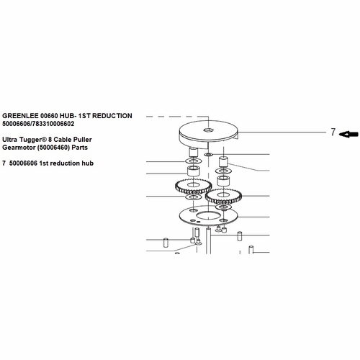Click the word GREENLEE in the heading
coord(20,116)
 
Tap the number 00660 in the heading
coord(49,116)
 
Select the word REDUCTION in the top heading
coord(112,116)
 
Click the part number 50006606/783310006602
coord(38,124)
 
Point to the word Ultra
coord(10,140)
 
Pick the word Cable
coord(63,140)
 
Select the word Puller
coord(83,140)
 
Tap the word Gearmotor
coord(19,148)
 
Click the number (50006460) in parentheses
coord(54,148)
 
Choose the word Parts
coord(80,148)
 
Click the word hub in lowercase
coord(87,163)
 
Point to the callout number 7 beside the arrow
coord(333,132)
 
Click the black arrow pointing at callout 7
coord(348,134)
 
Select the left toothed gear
coord(194,186)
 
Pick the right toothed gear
coord(223,197)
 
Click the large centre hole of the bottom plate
coord(208,215)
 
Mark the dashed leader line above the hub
coord(178,117)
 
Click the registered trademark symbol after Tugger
coord(45,139)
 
